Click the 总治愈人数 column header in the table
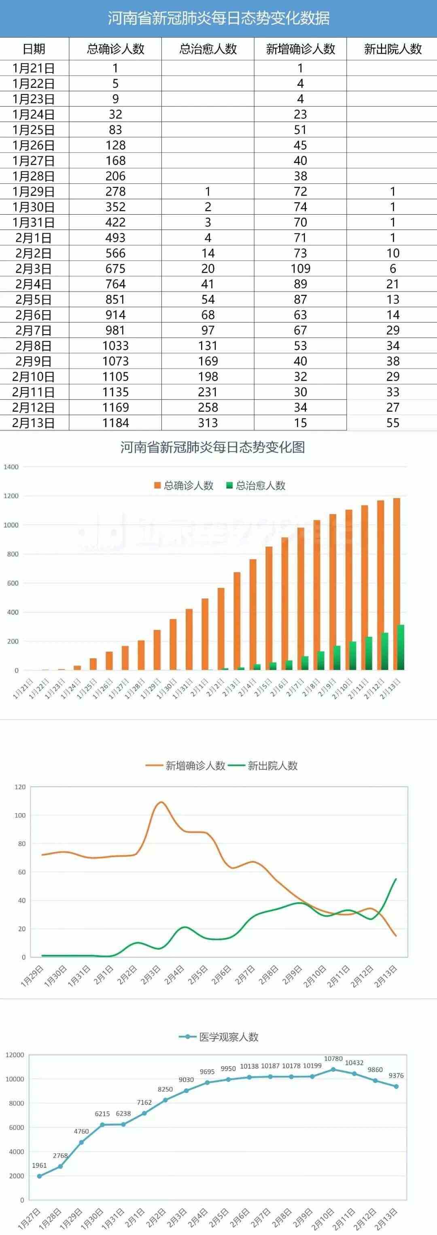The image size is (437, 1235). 208,49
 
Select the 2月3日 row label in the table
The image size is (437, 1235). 33,268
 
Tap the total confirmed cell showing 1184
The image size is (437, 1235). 115,423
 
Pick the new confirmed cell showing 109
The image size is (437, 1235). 300,268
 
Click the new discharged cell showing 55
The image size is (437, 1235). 392,423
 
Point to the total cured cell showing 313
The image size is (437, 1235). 208,423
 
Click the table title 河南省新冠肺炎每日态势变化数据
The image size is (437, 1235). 218,18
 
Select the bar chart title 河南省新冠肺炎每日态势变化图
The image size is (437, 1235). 212,447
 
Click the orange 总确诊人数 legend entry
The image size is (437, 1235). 184,485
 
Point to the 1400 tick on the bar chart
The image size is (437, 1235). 11,467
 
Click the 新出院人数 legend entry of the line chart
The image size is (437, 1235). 263,766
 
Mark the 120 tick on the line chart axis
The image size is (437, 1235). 20,787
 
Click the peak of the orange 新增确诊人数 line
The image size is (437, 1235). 161,802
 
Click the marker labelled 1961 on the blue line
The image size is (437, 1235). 39,1176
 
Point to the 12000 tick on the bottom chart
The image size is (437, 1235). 15,1055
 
